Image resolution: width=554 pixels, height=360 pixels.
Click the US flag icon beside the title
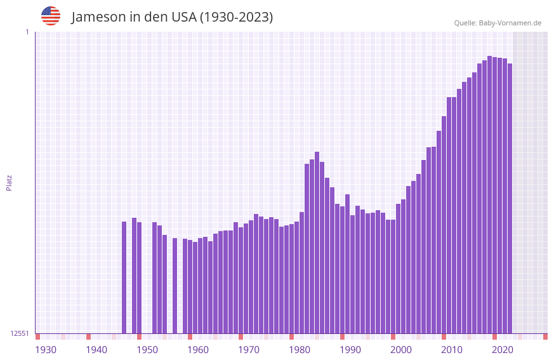[x=51, y=16]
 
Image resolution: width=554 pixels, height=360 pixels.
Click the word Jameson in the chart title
[x=98, y=17]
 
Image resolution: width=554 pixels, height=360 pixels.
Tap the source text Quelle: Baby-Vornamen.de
[x=498, y=23]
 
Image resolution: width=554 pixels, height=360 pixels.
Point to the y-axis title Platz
[x=9, y=182]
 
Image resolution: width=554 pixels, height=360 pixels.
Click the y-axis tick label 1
[x=27, y=32]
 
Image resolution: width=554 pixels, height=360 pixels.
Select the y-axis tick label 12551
[x=19, y=333]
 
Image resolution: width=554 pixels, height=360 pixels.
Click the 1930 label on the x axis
[x=46, y=350]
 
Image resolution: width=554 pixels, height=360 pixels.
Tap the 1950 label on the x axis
[x=147, y=350]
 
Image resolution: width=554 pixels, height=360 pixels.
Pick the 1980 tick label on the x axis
[x=300, y=350]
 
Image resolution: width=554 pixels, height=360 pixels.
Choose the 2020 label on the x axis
[x=503, y=350]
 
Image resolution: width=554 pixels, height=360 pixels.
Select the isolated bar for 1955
[x=175, y=286]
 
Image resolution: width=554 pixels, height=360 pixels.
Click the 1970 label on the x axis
[x=249, y=350]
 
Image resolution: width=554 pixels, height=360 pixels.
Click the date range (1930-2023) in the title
[x=236, y=17]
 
